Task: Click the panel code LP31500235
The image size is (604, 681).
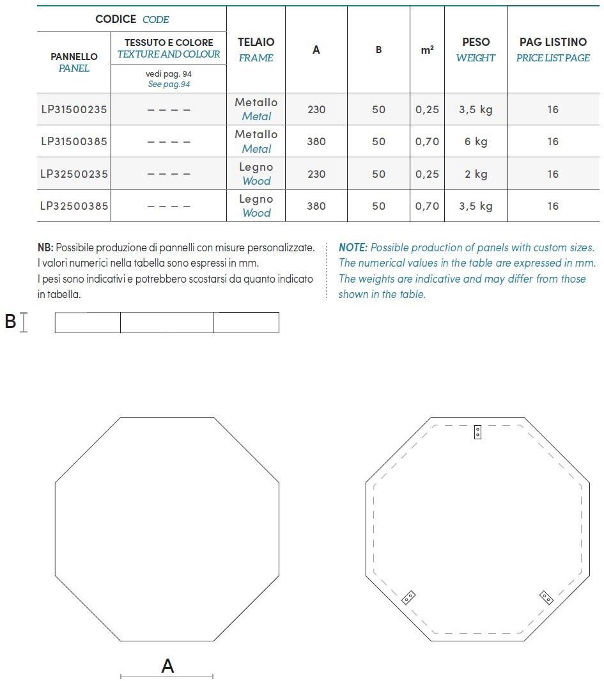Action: (x=74, y=109)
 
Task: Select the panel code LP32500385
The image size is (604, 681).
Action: (x=74, y=206)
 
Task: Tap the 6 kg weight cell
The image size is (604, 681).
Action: (x=476, y=141)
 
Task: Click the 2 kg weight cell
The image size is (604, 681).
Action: (x=476, y=174)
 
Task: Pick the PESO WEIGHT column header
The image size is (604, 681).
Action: (x=476, y=49)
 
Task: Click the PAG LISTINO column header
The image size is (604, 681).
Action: (x=553, y=49)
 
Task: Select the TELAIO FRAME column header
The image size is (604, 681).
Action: (x=256, y=49)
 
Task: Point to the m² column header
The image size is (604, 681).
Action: (x=428, y=49)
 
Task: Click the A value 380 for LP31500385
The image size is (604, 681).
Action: (x=316, y=141)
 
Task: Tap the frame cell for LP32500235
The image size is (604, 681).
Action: (x=256, y=174)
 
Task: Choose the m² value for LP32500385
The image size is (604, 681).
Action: (x=428, y=206)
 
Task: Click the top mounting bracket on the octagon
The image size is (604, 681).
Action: (x=477, y=432)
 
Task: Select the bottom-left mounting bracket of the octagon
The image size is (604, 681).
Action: (x=409, y=597)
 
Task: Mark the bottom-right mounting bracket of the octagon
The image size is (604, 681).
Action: (x=546, y=597)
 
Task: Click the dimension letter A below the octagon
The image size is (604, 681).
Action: (x=167, y=666)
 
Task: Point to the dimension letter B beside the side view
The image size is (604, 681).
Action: (x=10, y=321)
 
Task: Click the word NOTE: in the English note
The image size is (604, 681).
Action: (x=353, y=247)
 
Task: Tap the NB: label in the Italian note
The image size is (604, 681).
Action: (x=45, y=247)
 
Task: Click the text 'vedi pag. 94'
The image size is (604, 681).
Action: (x=169, y=74)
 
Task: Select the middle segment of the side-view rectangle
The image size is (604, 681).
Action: (x=166, y=323)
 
